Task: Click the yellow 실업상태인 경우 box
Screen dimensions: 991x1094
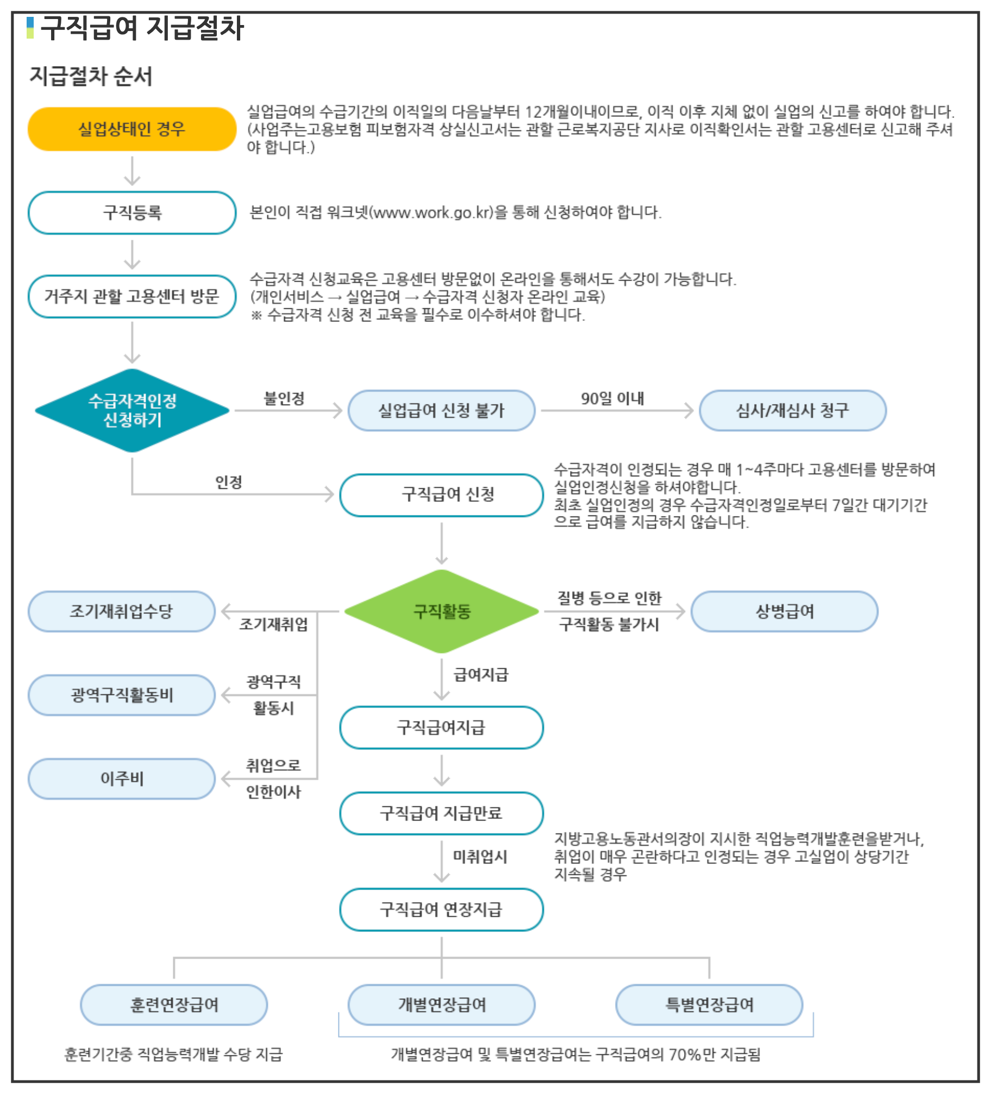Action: (x=132, y=129)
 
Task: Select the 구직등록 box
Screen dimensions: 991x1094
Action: (x=132, y=213)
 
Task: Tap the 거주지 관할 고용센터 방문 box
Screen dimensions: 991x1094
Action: (x=132, y=296)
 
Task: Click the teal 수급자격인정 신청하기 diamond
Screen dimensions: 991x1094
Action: (x=132, y=411)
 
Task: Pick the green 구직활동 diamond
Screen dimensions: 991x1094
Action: (x=442, y=611)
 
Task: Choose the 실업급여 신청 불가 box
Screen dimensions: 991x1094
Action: (x=441, y=411)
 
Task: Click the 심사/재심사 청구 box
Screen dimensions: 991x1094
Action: (x=792, y=411)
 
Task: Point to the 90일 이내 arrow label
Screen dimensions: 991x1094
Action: (x=612, y=399)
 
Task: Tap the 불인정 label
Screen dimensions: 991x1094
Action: (x=284, y=399)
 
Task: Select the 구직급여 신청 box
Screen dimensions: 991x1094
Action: (x=441, y=495)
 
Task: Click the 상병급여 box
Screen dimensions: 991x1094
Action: (x=784, y=612)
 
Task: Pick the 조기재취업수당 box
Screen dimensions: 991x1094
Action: (x=122, y=612)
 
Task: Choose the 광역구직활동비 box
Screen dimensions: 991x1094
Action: (x=122, y=695)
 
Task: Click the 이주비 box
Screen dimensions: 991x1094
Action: (x=122, y=779)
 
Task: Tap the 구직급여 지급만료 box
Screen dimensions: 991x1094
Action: (x=441, y=813)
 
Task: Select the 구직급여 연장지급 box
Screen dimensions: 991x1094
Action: (x=441, y=910)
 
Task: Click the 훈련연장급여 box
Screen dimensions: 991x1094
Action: (x=174, y=1005)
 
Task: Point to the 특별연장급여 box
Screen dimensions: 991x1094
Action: (x=709, y=1005)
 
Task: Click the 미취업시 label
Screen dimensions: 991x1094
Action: (x=480, y=857)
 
